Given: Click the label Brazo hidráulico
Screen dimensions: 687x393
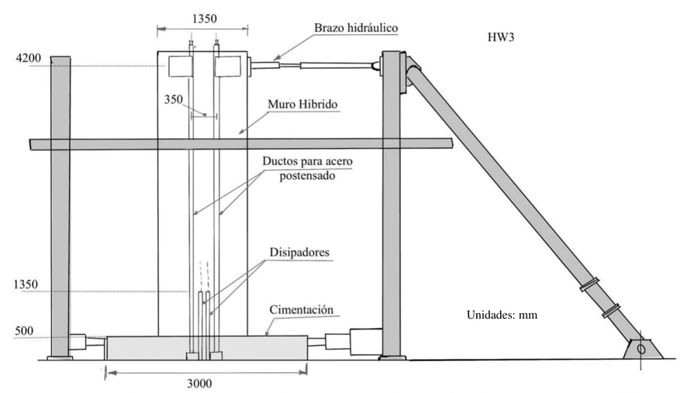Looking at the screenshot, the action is coord(355,28).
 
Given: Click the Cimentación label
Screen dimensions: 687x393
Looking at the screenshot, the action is coord(303,310).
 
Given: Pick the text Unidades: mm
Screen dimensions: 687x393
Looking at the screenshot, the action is coord(502,315).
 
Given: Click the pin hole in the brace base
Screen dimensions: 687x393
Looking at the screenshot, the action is coord(640,350).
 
